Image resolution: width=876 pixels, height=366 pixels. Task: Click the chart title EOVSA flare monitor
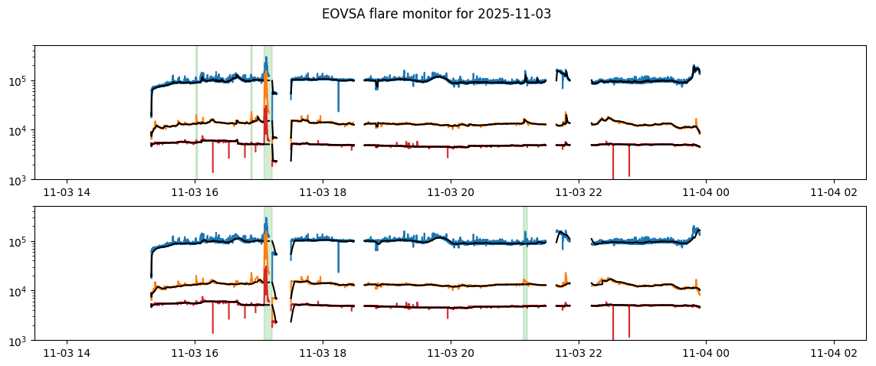436,14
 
